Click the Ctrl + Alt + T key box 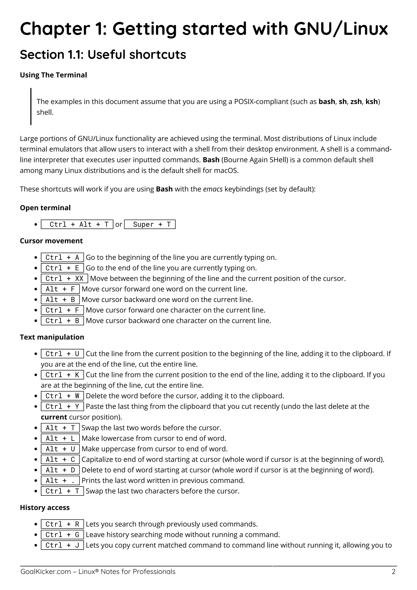[x=77, y=224]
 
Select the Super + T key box [x=150, y=224]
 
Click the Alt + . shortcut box [x=60, y=481]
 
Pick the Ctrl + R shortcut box [x=62, y=524]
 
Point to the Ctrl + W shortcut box [x=62, y=396]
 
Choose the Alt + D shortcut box [x=60, y=470]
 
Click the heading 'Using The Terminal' [x=53, y=75]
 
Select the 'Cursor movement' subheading [x=51, y=241]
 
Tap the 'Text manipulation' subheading [x=52, y=337]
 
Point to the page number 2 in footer [x=394, y=572]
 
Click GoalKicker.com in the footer [x=46, y=572]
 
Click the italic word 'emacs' [x=213, y=189]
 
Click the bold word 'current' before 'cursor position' [x=54, y=417]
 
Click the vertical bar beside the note [x=31, y=106]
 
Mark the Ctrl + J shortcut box [x=62, y=545]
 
